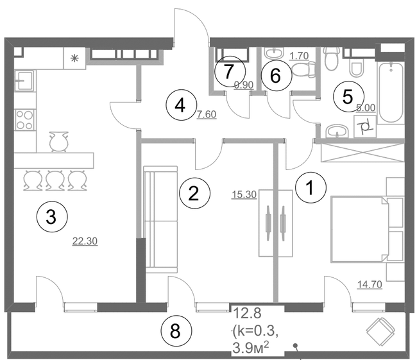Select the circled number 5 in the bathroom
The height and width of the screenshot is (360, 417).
click(x=348, y=96)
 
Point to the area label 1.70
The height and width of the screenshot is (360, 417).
click(x=300, y=56)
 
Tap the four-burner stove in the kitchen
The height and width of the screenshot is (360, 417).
click(x=24, y=119)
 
